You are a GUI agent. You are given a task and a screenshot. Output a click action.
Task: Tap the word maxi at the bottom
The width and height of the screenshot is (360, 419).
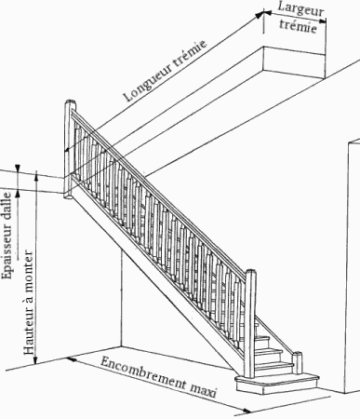202,391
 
